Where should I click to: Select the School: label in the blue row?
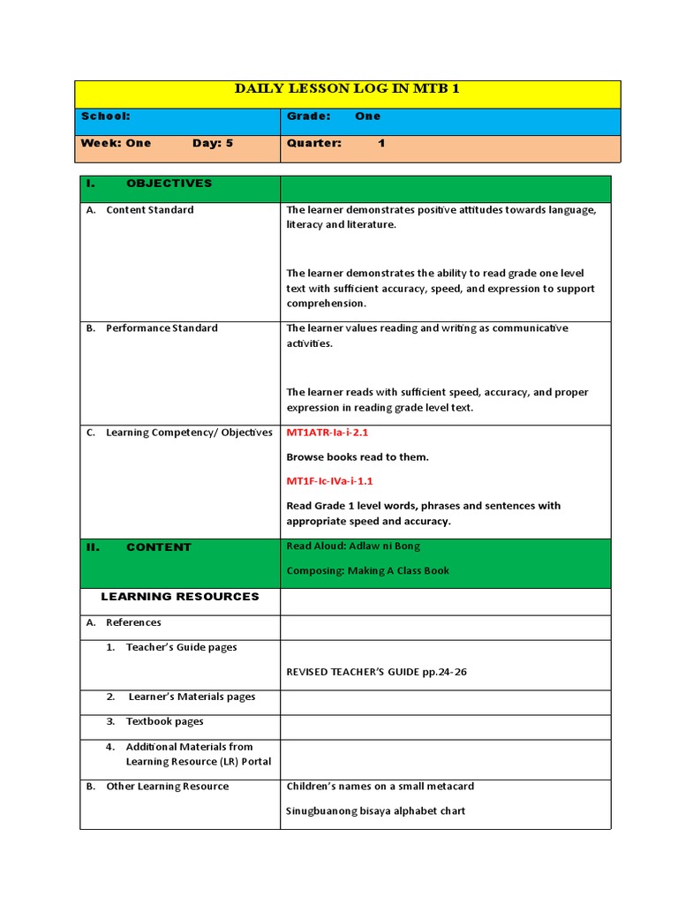tap(106, 116)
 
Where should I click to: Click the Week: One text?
tap(116, 143)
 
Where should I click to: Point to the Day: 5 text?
tap(213, 143)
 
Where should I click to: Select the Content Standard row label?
tap(149, 210)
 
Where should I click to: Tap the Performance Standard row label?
tap(161, 328)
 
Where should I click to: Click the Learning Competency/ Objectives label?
tap(189, 433)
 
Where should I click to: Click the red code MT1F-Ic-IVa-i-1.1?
tap(330, 481)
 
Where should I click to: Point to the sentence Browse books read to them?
tap(358, 457)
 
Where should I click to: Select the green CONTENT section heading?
tap(158, 547)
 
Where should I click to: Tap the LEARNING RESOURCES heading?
tap(180, 597)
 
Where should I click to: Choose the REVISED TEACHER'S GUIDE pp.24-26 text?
tap(377, 672)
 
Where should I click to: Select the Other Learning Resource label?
tap(167, 787)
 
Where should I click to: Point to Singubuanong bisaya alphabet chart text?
tap(376, 810)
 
